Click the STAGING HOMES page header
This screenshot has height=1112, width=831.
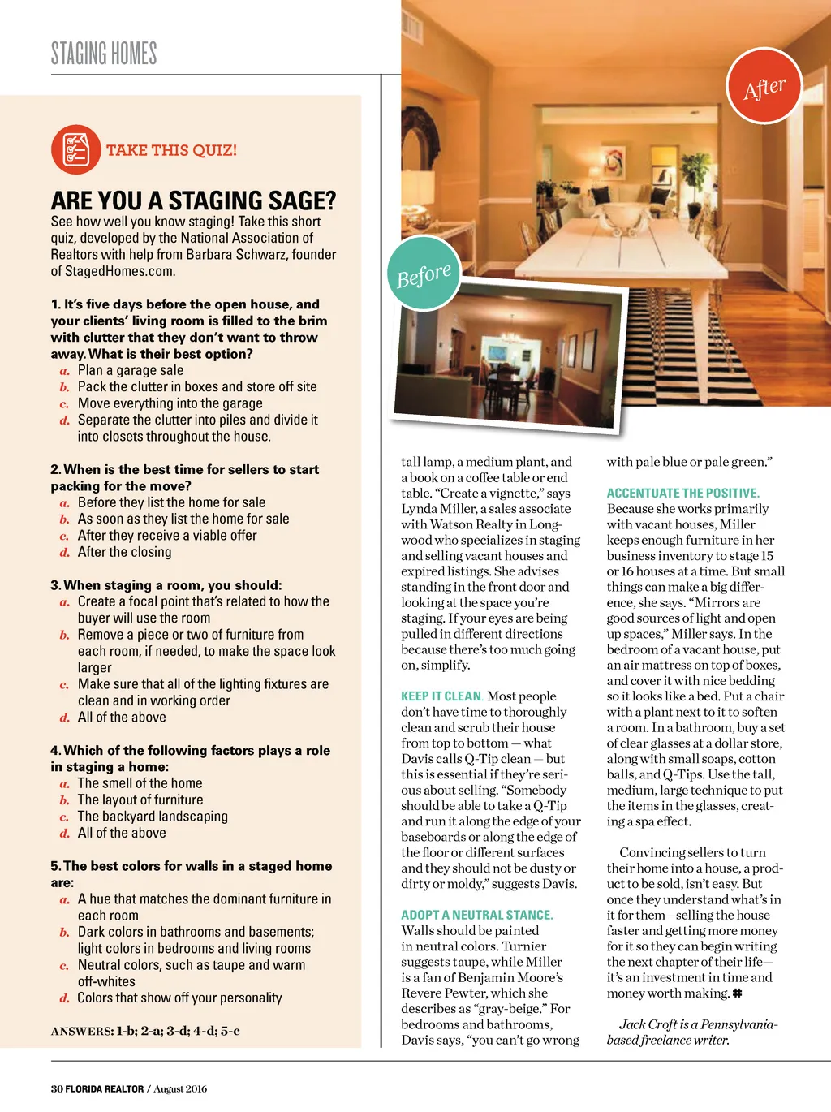click(104, 54)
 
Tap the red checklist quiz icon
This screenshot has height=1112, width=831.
click(75, 149)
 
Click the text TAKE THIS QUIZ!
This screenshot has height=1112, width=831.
click(171, 150)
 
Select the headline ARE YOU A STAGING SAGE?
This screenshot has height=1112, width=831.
click(193, 200)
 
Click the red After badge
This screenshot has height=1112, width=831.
click(764, 86)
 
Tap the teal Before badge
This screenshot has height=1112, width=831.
click(424, 275)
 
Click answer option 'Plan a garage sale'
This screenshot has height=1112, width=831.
click(130, 370)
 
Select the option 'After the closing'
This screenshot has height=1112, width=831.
click(124, 552)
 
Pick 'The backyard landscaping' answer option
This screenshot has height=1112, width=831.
click(153, 817)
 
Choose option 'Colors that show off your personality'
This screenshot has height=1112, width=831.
click(179, 998)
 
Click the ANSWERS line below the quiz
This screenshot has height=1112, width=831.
click(145, 1031)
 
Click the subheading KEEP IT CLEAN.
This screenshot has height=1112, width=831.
click(441, 696)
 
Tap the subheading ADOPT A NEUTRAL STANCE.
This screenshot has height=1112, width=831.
click(476, 915)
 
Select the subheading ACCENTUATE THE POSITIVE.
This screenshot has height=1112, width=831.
click(682, 493)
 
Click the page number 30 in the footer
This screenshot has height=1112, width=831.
click(56, 1088)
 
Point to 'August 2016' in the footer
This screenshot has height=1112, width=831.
click(180, 1088)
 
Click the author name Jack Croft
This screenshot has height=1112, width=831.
click(648, 1024)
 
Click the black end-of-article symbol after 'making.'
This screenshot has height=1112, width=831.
click(737, 993)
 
